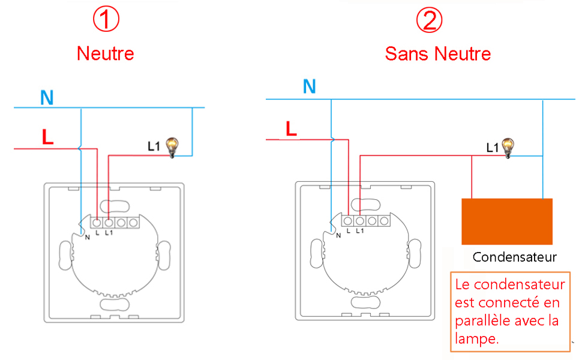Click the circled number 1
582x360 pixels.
pyautogui.click(x=106, y=20)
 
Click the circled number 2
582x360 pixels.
pyautogui.click(x=429, y=20)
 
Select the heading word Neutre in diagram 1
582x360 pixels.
pyautogui.click(x=106, y=53)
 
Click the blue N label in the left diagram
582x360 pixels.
pyautogui.click(x=46, y=97)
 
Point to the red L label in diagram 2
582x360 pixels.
pyautogui.click(x=291, y=128)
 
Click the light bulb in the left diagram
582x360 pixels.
pyautogui.click(x=173, y=146)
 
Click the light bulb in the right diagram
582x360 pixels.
pyautogui.click(x=508, y=146)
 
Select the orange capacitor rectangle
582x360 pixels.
pyautogui.click(x=506, y=221)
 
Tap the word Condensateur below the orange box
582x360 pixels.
pyautogui.click(x=515, y=257)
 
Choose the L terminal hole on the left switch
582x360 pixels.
pyautogui.click(x=97, y=223)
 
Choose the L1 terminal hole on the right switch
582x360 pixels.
pyautogui.click(x=359, y=221)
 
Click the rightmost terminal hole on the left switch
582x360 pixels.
pyautogui.click(x=133, y=223)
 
